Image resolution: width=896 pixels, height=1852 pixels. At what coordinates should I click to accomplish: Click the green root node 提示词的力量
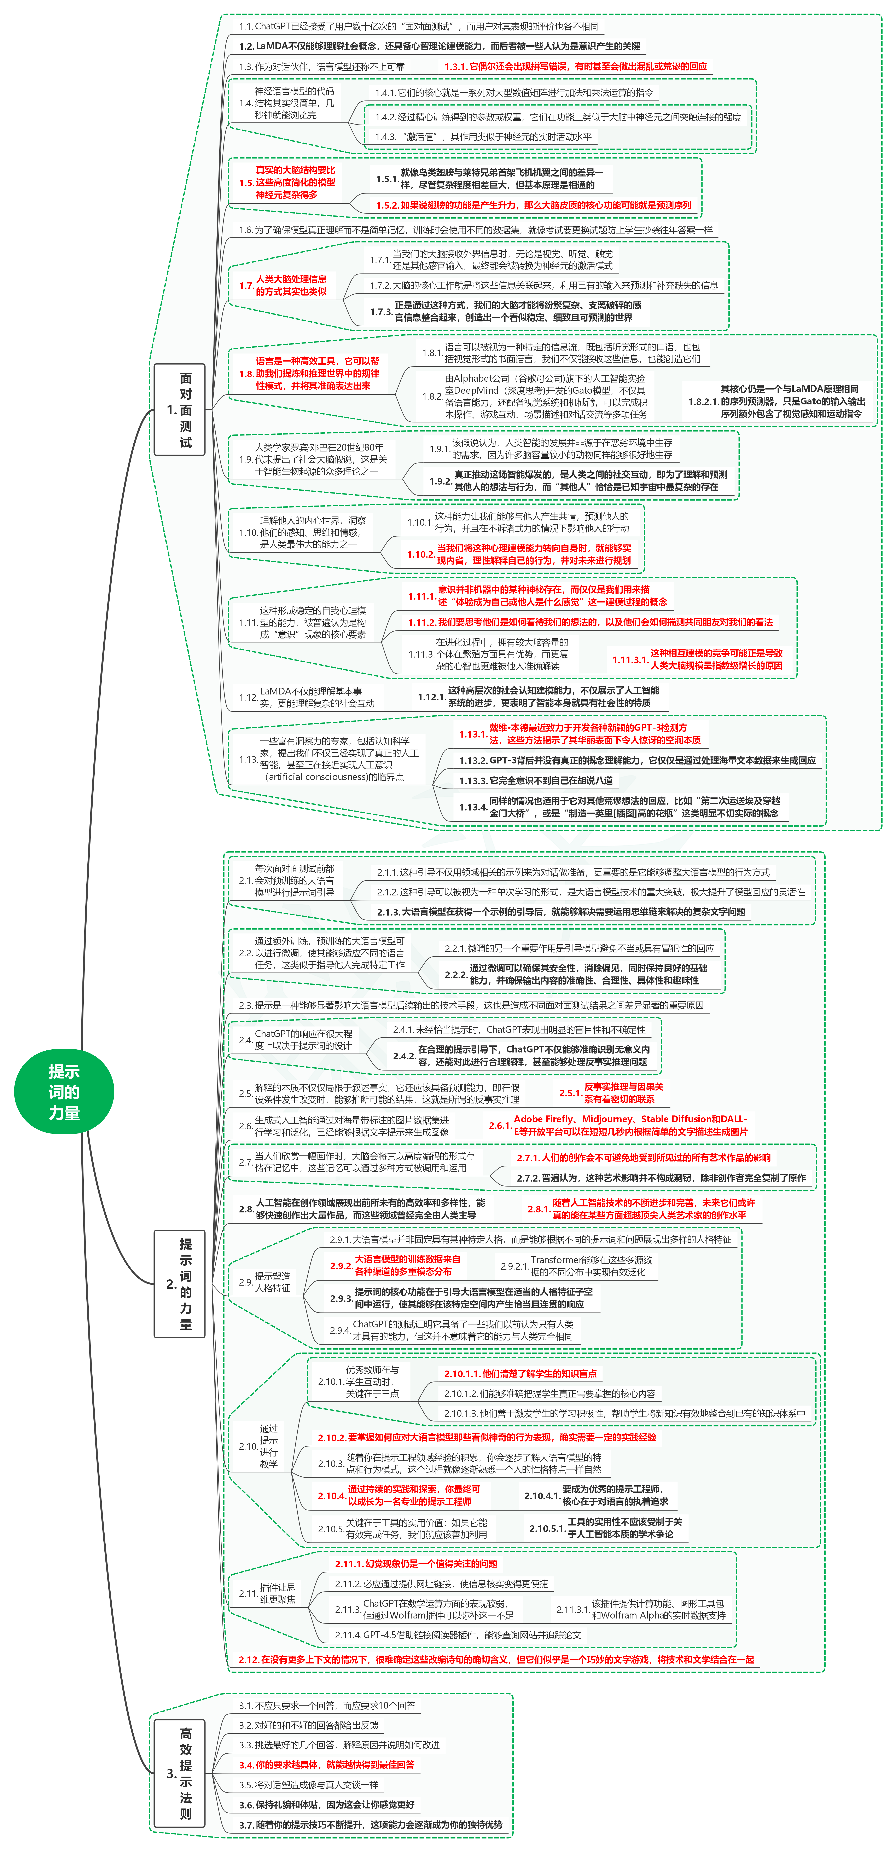(x=64, y=1091)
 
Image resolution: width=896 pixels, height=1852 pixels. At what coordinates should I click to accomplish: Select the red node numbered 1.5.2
(x=533, y=205)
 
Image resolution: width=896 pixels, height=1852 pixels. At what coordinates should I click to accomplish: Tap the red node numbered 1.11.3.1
(x=697, y=659)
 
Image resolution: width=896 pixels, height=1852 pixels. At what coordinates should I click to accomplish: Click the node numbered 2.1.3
(x=561, y=912)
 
